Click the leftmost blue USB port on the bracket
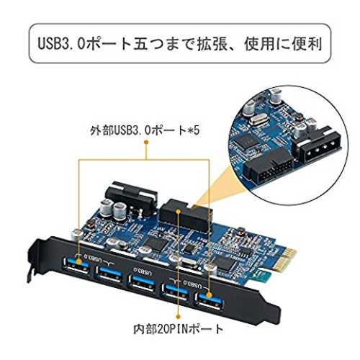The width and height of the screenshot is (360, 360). click(76, 265)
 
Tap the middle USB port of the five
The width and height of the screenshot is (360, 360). click(142, 284)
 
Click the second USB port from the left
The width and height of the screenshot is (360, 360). click(109, 274)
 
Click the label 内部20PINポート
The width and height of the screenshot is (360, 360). click(179, 329)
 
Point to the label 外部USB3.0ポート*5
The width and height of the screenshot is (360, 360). click(145, 130)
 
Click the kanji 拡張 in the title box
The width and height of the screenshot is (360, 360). click(212, 44)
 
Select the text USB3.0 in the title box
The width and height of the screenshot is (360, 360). click(61, 44)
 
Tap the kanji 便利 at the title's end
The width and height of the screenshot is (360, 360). click(307, 44)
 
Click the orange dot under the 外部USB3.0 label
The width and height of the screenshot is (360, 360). click(146, 143)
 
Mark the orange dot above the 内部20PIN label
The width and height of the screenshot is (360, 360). click(178, 317)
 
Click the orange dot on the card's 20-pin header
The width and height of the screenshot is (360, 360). click(178, 211)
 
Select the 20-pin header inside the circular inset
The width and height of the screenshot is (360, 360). click(269, 168)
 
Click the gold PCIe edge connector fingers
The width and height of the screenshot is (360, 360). click(286, 261)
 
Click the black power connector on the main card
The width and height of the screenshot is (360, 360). click(132, 197)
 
